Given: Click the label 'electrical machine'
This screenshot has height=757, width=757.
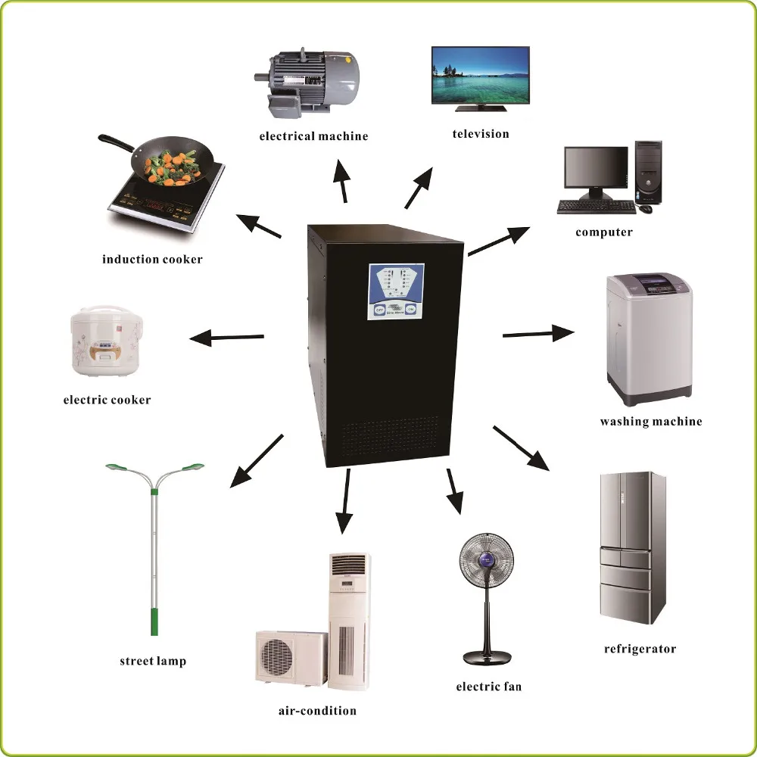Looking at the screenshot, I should tap(313, 136).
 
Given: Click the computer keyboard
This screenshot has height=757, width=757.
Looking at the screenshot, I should tap(596, 207).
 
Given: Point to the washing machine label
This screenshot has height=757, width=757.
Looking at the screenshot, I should tap(651, 422).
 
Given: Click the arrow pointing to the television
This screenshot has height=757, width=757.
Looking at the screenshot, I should tap(419, 188).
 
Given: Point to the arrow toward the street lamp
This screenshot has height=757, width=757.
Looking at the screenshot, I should tap(257, 459).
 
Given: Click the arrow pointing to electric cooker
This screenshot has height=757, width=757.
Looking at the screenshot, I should tap(226, 337).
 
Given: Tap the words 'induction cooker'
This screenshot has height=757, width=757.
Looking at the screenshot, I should tap(152, 260).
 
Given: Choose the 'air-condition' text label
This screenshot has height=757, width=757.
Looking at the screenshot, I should tap(317, 711).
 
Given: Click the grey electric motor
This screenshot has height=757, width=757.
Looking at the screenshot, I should tap(308, 79).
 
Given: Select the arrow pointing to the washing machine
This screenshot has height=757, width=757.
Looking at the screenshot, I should tap(538, 333).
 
